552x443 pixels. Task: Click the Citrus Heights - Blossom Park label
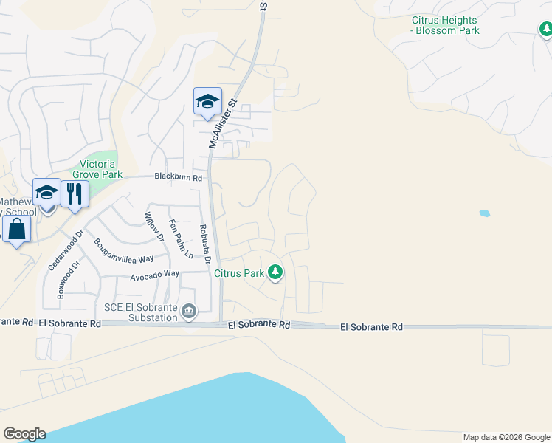coord(445,25)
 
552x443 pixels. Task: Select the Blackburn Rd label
coord(178,177)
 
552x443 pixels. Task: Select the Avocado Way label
coord(155,274)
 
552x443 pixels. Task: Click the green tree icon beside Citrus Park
coord(275,272)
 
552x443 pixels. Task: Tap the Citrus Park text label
coord(239,273)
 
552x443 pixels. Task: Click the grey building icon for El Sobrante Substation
coord(189,312)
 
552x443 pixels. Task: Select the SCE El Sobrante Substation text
coord(140,312)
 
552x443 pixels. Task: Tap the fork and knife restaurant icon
coord(75,193)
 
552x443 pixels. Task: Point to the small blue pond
coord(484,214)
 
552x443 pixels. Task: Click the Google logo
coord(24,434)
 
